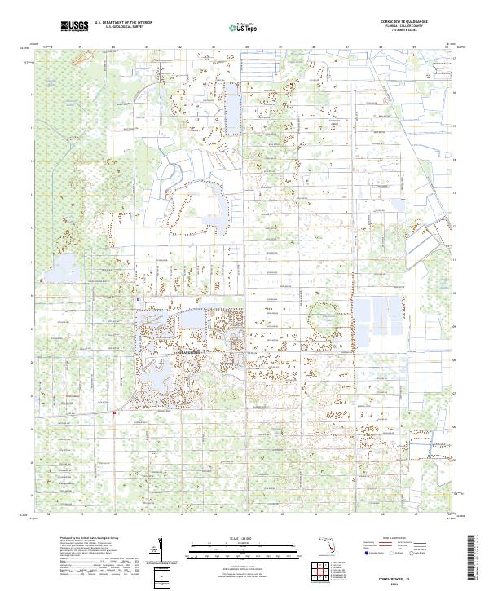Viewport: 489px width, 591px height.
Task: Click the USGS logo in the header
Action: [x=74, y=27]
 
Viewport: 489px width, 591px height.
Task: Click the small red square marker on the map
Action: [x=114, y=413]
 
